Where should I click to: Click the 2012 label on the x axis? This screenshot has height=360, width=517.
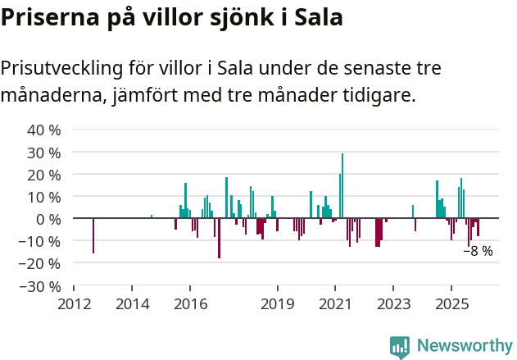click(x=75, y=303)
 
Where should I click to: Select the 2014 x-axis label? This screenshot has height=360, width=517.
click(x=133, y=303)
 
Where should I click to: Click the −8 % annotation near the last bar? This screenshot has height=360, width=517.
click(x=478, y=251)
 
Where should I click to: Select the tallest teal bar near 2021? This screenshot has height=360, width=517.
click(x=342, y=186)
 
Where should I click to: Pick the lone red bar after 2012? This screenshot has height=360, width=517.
click(x=93, y=236)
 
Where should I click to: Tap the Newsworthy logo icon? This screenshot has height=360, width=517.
click(x=400, y=347)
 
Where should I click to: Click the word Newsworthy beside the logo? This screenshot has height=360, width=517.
click(x=463, y=347)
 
